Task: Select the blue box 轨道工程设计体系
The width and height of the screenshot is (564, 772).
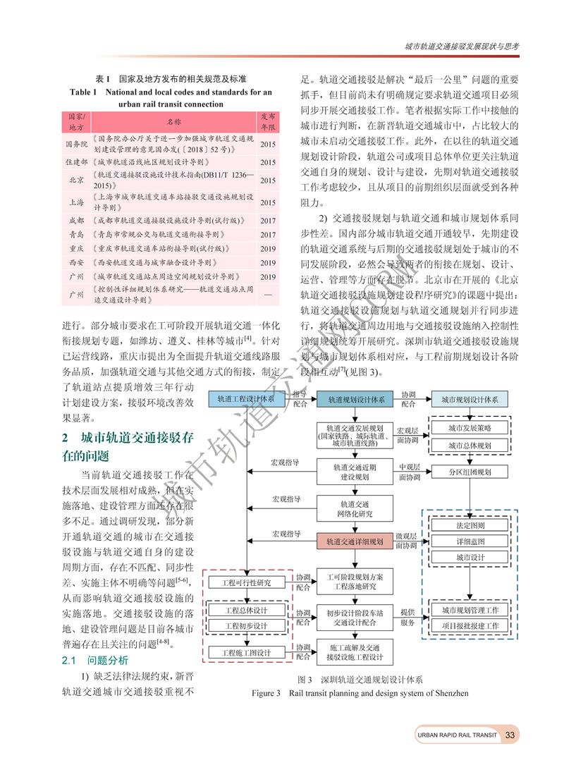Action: [x=246, y=399]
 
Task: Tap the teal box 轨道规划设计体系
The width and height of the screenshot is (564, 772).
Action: [x=355, y=399]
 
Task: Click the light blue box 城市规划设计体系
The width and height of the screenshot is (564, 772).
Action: [x=469, y=399]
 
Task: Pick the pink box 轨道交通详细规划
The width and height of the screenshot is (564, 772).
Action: [x=355, y=541]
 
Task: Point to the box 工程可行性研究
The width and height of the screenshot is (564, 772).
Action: [x=246, y=583]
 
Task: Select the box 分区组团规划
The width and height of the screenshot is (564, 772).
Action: [x=470, y=472]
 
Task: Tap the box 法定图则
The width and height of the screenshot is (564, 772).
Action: [x=470, y=525]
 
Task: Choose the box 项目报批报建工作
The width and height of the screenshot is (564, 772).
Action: [x=470, y=625]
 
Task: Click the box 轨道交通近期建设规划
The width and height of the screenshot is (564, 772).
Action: [x=355, y=471]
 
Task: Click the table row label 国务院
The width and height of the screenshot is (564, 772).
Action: [x=76, y=143]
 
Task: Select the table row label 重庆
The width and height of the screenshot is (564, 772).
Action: [x=76, y=248]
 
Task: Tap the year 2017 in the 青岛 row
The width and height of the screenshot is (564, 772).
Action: [x=268, y=234]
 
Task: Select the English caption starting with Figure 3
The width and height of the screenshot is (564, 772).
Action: [x=360, y=693]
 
